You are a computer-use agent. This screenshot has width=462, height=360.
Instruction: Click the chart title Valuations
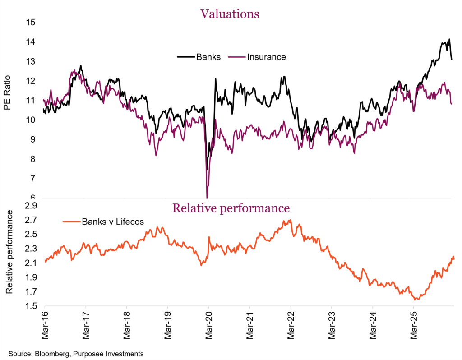pyautogui.click(x=230, y=14)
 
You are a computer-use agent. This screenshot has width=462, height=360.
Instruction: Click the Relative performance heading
pyautogui.click(x=231, y=208)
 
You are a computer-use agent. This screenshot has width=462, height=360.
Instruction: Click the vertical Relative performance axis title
pyautogui.click(x=9, y=258)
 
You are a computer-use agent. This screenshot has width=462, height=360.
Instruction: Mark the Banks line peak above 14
pyautogui.click(x=449, y=40)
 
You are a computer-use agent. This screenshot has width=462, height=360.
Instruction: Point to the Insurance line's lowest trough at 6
pyautogui.click(x=207, y=197)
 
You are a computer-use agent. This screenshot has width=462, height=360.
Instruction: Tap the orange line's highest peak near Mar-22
pyautogui.click(x=290, y=220)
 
